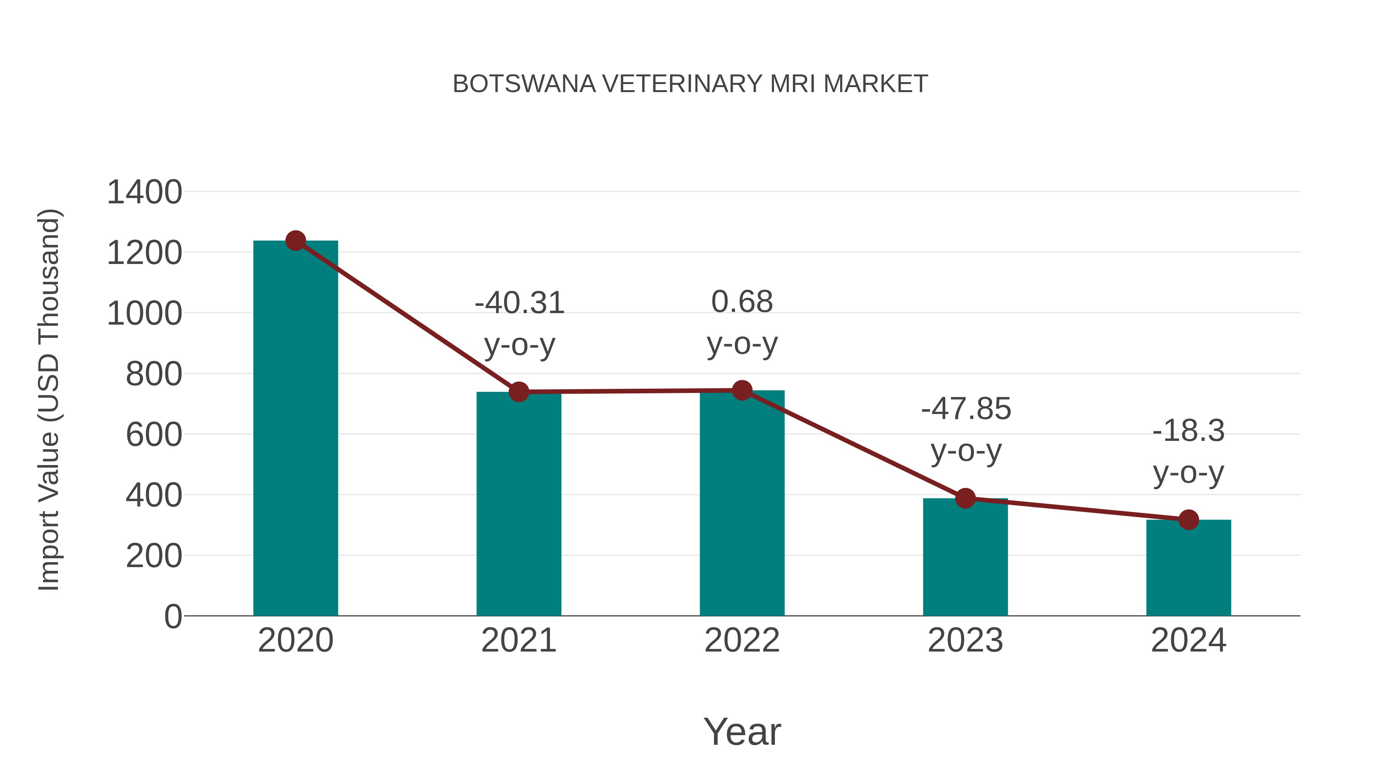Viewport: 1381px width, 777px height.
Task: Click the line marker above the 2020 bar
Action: point(295,241)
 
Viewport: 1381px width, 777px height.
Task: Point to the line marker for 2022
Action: point(742,390)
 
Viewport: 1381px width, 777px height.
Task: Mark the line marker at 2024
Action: point(1188,520)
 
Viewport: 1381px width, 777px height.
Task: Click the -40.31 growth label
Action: point(519,303)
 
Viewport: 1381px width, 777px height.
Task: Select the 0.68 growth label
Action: point(742,302)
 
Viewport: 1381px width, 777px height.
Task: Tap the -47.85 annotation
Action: point(966,409)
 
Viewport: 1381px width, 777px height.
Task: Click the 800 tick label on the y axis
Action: point(154,374)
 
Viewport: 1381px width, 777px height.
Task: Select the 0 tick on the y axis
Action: point(173,617)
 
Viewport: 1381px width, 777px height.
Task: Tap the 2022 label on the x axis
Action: point(742,640)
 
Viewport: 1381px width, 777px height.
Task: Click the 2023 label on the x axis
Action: point(965,640)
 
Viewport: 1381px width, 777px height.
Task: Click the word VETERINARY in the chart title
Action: point(682,84)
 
